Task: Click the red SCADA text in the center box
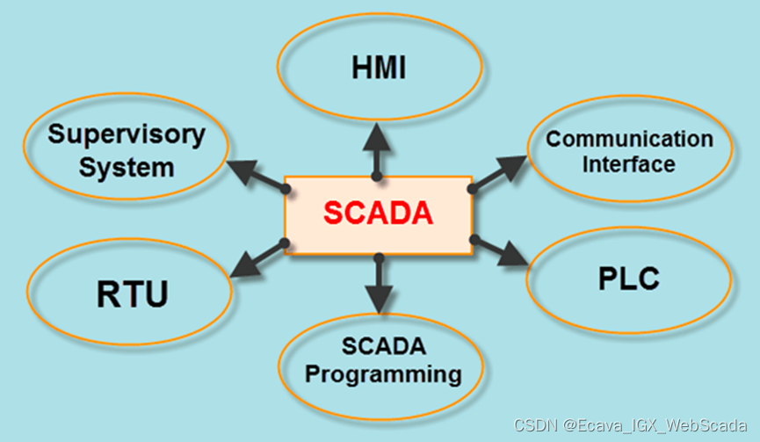tap(378, 214)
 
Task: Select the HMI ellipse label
tap(378, 69)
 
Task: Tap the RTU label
tap(132, 293)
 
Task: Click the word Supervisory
tap(127, 135)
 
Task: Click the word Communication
tap(629, 139)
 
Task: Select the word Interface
tap(629, 163)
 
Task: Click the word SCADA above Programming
tap(384, 348)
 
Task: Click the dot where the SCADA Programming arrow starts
tap(379, 257)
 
